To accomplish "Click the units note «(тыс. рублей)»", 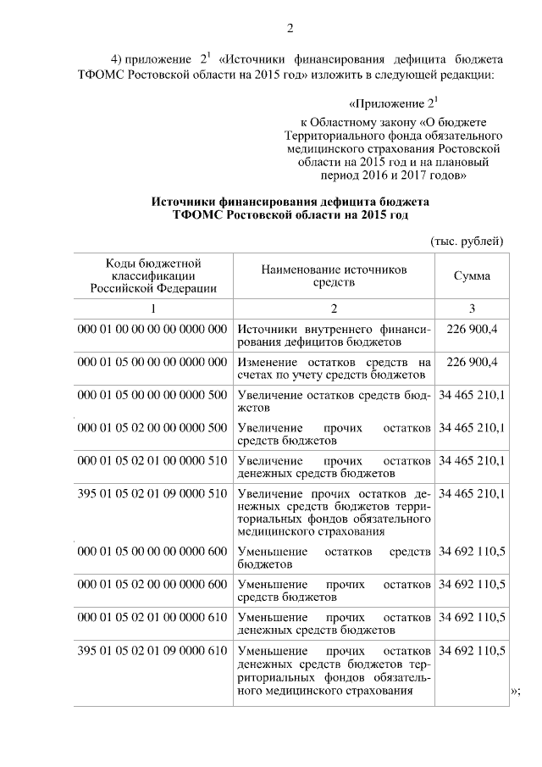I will [467, 241].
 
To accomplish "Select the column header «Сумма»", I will [472, 276].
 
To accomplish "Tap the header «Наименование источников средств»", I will [334, 275].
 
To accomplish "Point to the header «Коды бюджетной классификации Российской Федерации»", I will [153, 275].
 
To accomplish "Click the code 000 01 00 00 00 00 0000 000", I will [152, 329].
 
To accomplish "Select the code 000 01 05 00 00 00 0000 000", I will [152, 362].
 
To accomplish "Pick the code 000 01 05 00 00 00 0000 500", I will [152, 396].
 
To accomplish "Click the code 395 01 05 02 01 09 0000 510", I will [152, 493].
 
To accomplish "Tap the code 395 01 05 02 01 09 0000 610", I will [152, 650].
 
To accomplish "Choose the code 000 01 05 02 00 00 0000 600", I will [152, 585].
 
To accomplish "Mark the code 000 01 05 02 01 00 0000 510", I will [152, 461].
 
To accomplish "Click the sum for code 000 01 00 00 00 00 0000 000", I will [472, 329].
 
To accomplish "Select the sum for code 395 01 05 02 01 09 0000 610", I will [472, 650].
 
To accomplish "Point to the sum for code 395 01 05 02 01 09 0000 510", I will [472, 493].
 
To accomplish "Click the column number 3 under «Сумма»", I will [472, 308].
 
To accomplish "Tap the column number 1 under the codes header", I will [153, 308].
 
